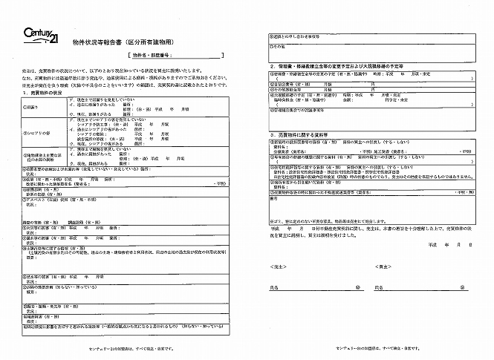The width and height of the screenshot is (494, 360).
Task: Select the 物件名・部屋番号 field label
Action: click(157, 55)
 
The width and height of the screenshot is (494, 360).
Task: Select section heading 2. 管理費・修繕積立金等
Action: click(319, 65)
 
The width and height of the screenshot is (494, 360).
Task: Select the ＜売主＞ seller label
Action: click(277, 264)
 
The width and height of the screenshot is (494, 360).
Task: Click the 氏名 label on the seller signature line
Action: click(276, 286)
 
